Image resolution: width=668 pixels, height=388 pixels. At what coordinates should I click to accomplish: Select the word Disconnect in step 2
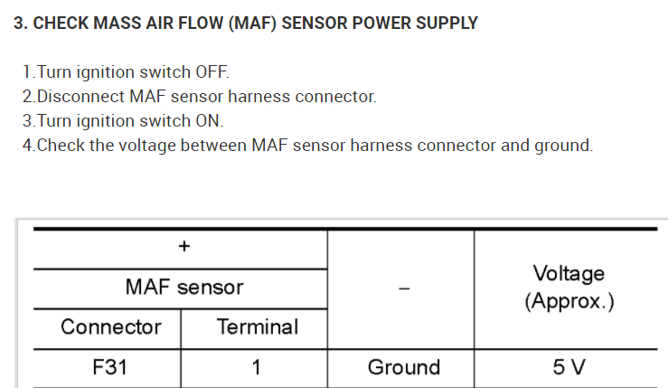tap(79, 97)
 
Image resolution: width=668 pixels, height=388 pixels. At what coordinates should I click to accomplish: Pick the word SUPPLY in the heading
tap(443, 24)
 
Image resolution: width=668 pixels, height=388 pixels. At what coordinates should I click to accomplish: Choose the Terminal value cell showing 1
tap(256, 367)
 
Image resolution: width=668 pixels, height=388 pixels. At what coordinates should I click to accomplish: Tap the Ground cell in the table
tap(403, 367)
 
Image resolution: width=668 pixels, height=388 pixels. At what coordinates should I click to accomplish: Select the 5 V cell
tap(569, 367)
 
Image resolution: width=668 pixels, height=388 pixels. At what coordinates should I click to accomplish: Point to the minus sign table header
tap(403, 289)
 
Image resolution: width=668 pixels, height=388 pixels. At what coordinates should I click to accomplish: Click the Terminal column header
tap(257, 326)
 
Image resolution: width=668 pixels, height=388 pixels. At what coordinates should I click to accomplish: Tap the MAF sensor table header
tap(183, 288)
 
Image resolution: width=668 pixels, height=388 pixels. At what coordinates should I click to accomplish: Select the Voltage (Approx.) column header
tap(569, 287)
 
